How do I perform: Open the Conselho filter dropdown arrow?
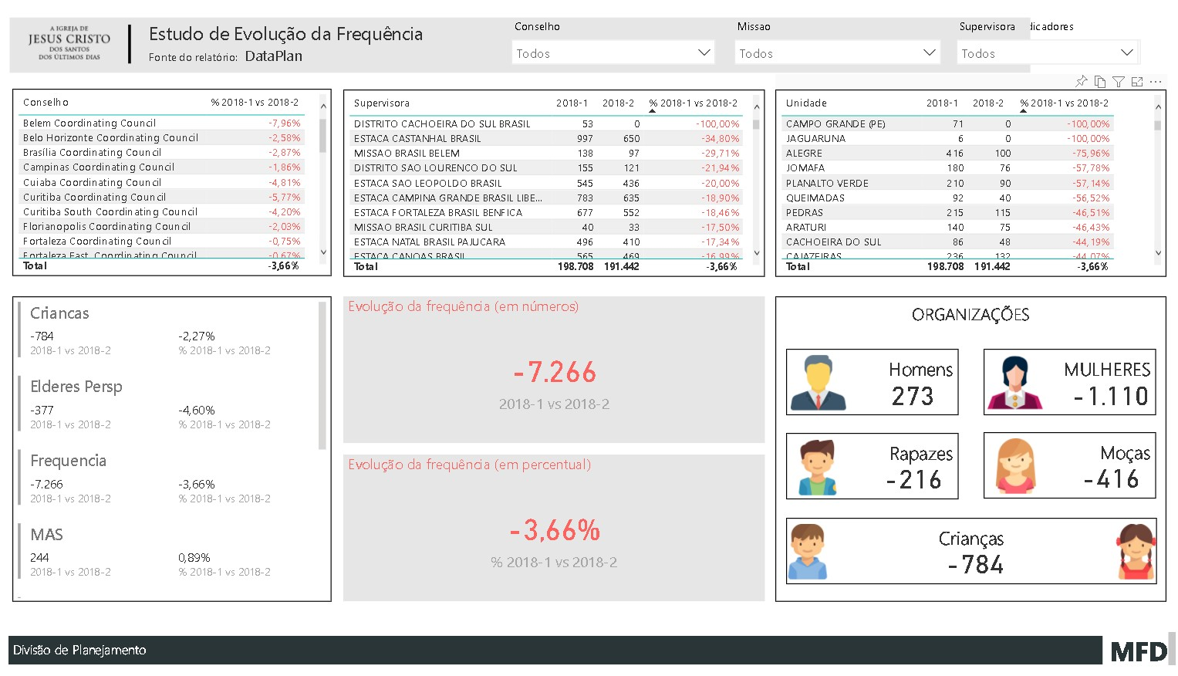click(x=704, y=52)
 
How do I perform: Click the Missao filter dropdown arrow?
click(x=929, y=52)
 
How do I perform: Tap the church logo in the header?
click(x=69, y=43)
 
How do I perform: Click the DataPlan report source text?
click(x=273, y=56)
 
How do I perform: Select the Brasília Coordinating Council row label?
click(x=92, y=153)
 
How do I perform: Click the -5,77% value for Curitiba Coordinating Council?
click(x=285, y=198)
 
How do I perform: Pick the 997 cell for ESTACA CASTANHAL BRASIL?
click(x=585, y=139)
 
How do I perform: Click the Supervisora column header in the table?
click(x=382, y=103)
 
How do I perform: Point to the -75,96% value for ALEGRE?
click(x=1090, y=154)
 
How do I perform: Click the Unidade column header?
click(x=806, y=103)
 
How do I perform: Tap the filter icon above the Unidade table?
click(x=1119, y=82)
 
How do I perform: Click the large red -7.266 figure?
click(x=555, y=373)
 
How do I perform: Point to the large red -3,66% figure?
click(x=555, y=531)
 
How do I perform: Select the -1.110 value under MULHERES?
click(x=1111, y=397)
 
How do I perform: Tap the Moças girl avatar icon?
click(x=1015, y=465)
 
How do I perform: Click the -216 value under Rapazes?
click(x=914, y=480)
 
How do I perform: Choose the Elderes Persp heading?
click(x=76, y=387)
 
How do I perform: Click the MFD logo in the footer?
click(x=1139, y=651)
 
